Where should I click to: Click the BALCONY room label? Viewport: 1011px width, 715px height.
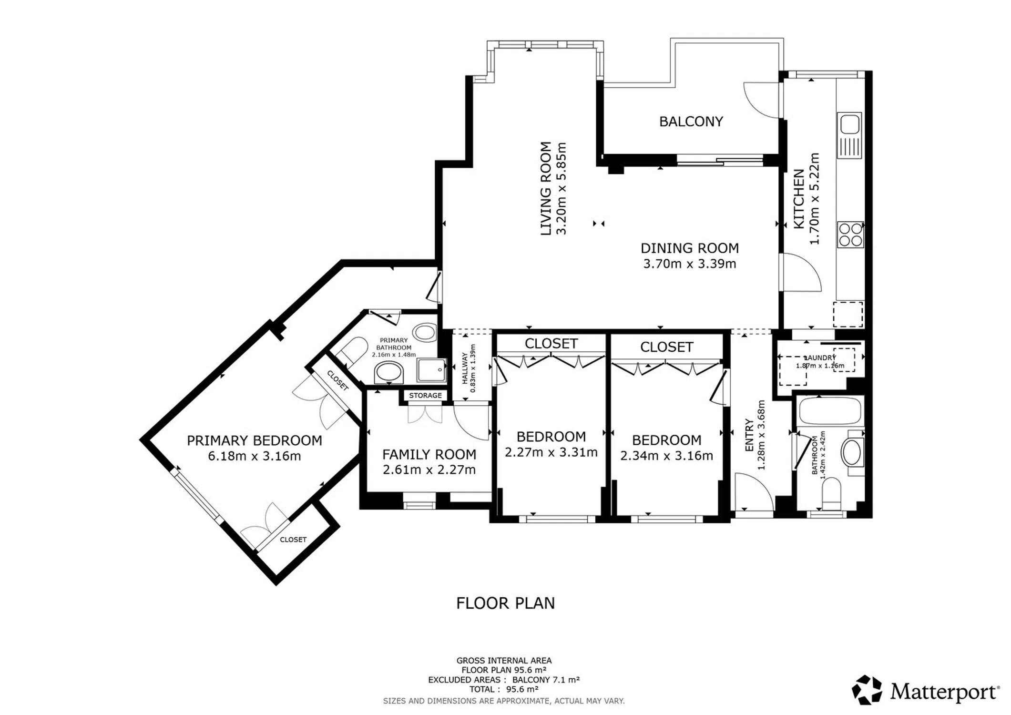click(691, 122)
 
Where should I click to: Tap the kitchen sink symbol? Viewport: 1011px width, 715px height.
click(849, 135)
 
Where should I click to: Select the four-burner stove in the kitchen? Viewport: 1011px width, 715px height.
click(850, 235)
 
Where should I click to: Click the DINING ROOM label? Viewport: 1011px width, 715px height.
click(689, 248)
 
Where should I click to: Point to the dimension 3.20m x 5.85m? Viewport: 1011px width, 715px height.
click(562, 188)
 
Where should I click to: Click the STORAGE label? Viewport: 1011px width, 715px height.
click(425, 396)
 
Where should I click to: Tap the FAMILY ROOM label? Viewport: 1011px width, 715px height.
click(429, 455)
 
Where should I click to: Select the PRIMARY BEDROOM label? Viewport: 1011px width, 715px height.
click(254, 440)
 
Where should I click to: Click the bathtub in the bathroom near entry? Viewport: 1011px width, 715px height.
click(830, 410)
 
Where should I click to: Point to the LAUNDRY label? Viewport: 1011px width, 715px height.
click(820, 357)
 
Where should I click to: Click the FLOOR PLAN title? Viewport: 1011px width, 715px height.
click(505, 603)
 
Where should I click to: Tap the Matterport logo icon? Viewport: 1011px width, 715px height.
click(868, 690)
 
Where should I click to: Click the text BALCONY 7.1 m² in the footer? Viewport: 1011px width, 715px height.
click(546, 680)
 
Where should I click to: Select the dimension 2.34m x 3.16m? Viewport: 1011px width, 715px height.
click(666, 456)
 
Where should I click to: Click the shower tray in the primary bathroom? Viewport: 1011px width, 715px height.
click(431, 370)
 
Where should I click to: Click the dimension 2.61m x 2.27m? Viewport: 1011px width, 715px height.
click(429, 470)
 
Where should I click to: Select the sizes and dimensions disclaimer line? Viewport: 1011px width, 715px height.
click(504, 701)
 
